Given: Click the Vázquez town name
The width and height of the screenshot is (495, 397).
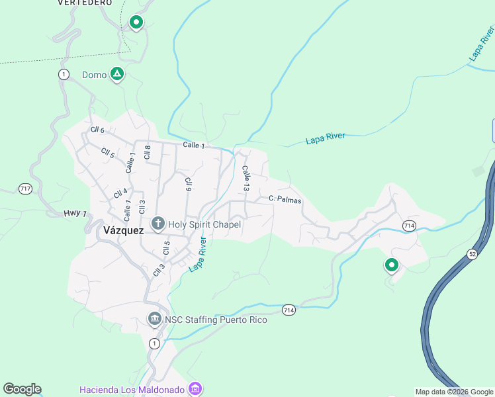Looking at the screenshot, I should pos(124,230).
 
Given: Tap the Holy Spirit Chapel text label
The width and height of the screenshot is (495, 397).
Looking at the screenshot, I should pos(204,224).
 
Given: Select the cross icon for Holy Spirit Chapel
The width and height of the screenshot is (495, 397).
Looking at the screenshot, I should pos(157,224).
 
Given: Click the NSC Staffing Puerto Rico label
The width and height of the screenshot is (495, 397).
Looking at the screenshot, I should pos(216,320).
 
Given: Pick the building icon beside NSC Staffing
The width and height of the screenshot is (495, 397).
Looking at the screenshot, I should pos(154,320).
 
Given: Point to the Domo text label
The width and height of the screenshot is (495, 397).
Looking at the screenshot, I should pos(94,75).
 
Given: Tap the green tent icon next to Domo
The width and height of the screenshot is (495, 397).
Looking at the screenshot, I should pos(117,74).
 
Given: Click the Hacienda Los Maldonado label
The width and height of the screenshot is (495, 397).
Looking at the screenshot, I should pos(132,389).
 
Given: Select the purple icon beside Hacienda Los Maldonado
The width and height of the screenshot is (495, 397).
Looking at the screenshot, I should pos(195,388).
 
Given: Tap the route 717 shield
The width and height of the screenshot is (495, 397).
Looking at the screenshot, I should pos(25,189).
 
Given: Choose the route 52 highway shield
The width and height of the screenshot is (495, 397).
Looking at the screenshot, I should pos(472,253).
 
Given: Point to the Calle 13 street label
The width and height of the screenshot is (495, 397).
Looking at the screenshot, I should pos(246,179).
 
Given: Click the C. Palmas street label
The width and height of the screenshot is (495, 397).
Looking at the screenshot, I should pos(285,199).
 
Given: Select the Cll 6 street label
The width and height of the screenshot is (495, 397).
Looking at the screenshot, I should pos(98,130).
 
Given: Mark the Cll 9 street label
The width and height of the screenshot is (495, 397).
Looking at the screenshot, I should pos(189,185).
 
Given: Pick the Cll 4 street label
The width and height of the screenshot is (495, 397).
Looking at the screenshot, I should pos(120,193).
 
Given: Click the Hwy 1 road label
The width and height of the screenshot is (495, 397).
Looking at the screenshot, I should pos(75,213).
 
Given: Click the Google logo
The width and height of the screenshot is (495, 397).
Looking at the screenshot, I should pos(22,389).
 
